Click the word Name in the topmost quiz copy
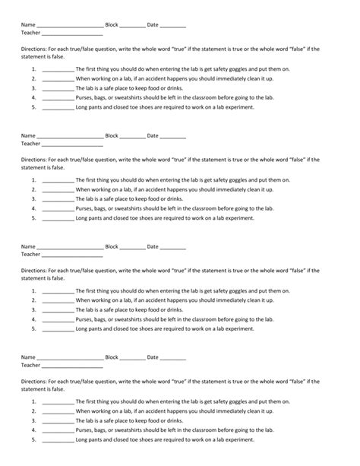(x=28, y=25)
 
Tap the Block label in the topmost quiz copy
(x=112, y=25)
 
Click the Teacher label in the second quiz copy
(x=30, y=143)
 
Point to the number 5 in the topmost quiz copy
(x=34, y=107)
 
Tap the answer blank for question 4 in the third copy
(x=58, y=319)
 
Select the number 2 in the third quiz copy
(x=34, y=300)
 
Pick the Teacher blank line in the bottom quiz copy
(x=72, y=366)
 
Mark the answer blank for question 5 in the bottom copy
(x=58, y=440)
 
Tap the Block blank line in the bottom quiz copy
(x=133, y=359)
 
